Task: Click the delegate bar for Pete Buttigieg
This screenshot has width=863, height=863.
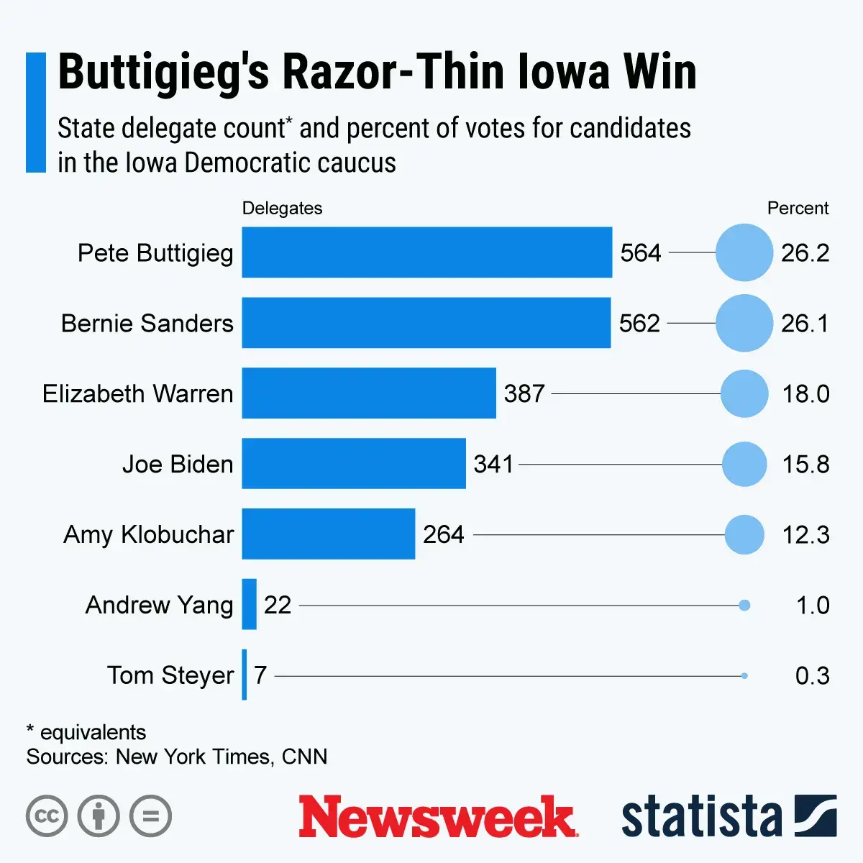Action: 426,252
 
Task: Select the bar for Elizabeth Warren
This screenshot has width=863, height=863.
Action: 368,393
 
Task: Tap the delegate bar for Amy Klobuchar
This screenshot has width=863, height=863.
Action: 328,534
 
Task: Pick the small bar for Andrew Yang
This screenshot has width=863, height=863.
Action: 249,605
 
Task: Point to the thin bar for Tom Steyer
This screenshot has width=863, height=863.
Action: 245,675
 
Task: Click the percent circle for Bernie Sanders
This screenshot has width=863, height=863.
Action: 744,323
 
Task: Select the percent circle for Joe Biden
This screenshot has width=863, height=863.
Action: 744,464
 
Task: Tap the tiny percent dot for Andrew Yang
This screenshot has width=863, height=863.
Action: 744,606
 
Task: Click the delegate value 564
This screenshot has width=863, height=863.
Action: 640,253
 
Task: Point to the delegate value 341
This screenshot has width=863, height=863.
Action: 493,465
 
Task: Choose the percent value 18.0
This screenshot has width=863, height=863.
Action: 805,394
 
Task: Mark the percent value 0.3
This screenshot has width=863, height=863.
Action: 812,676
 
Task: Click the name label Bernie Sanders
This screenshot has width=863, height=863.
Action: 147,324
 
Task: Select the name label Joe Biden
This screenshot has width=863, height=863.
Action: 178,465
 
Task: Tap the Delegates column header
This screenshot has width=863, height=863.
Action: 282,209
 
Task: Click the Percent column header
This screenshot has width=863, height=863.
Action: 798,209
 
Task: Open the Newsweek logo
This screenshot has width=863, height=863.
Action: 437,816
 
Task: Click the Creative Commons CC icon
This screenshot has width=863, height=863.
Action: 47,816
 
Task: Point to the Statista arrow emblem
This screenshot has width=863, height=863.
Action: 816,816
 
